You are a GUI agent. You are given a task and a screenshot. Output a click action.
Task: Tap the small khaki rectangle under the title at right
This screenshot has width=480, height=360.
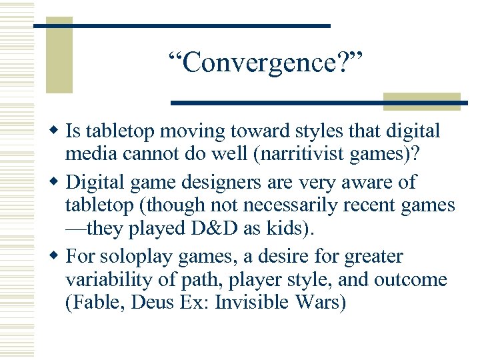coord(422,101)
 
